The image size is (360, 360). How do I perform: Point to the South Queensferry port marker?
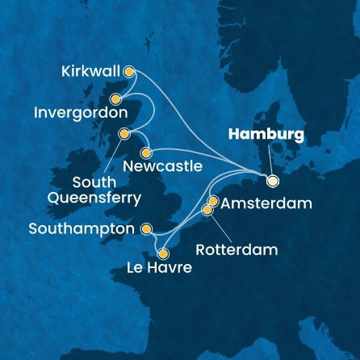pyautogui.click(x=123, y=134)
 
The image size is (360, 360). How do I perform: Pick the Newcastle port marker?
pyautogui.click(x=146, y=153)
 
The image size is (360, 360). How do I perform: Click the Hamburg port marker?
pyautogui.click(x=272, y=181)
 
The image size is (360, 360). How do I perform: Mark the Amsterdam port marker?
pyautogui.click(x=213, y=200)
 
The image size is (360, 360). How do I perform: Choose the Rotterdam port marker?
pyautogui.click(x=207, y=210)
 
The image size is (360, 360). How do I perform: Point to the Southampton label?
pyautogui.click(x=81, y=229)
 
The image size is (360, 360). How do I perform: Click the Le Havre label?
pyautogui.click(x=158, y=268)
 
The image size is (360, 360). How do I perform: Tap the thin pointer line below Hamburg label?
pyautogui.click(x=272, y=160)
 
